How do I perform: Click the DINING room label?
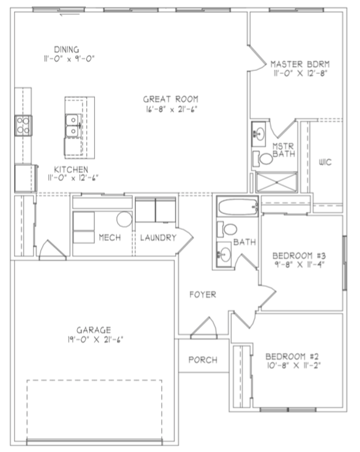[x=67, y=48]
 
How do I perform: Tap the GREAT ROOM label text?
[x=171, y=99]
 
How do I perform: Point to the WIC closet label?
[x=325, y=162]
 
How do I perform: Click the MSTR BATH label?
[x=283, y=150]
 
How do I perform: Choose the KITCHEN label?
[x=71, y=169]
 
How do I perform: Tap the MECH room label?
[x=109, y=237]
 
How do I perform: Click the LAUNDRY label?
[x=158, y=237]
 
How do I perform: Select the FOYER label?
[x=202, y=294]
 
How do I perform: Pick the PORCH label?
[x=202, y=360]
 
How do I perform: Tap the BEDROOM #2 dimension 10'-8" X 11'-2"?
[x=293, y=365]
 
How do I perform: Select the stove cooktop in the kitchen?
[x=23, y=126]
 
